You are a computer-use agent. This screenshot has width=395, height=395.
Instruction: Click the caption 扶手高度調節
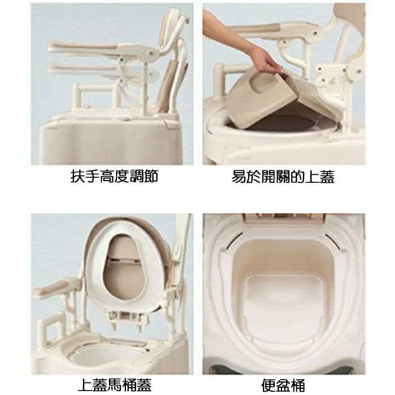(115, 176)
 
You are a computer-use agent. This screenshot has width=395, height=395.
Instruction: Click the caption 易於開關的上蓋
(283, 176)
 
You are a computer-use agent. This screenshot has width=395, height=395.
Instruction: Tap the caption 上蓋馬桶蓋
(115, 385)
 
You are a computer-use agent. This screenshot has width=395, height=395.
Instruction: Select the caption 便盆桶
(283, 385)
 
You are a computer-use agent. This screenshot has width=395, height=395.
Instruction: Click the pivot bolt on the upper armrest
(151, 52)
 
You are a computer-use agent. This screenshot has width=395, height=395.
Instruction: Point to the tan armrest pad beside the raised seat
(52, 288)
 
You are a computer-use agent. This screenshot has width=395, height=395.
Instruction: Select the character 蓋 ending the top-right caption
(327, 176)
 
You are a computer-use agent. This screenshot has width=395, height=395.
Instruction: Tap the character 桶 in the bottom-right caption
(298, 385)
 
